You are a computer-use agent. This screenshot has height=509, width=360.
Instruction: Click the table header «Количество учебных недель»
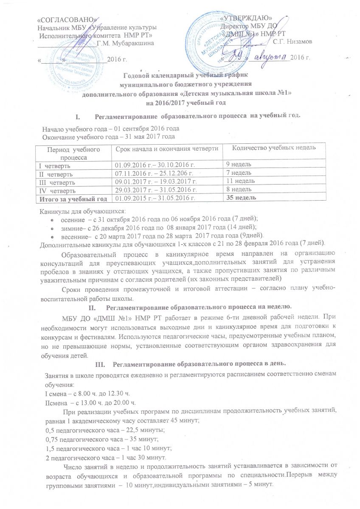(269, 147)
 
